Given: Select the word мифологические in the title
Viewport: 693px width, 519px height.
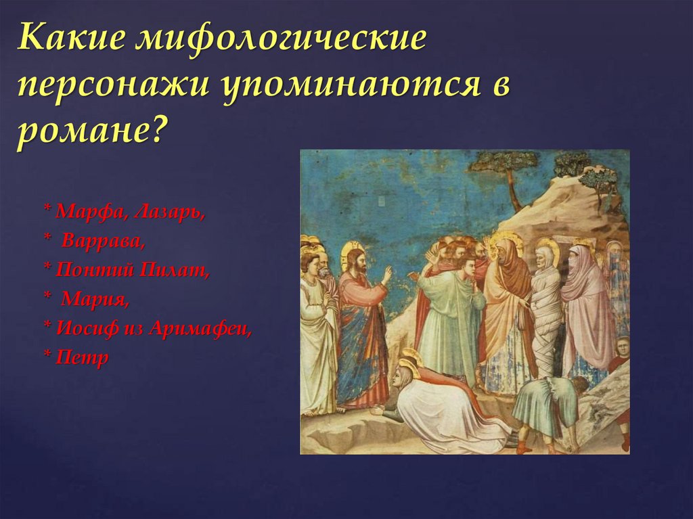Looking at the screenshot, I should (x=282, y=43).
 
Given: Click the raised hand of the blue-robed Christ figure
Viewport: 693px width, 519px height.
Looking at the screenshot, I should (x=386, y=275).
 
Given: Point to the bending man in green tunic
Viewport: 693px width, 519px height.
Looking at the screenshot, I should (x=545, y=406).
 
